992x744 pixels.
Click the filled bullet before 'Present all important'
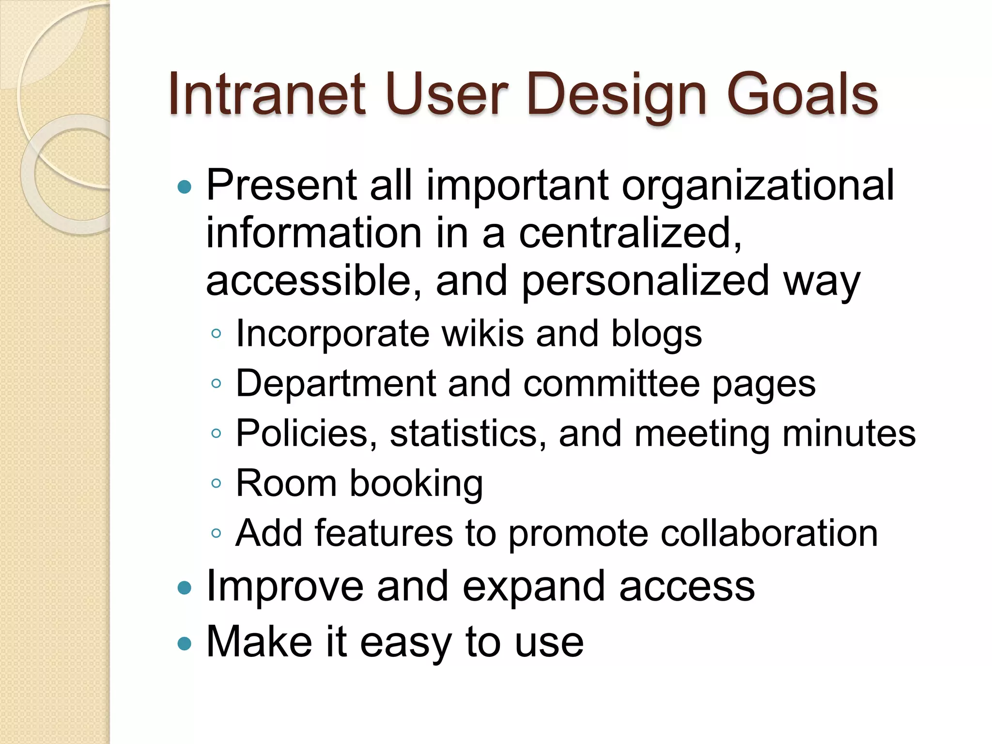click(x=185, y=187)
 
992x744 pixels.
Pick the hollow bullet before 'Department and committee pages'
click(x=217, y=384)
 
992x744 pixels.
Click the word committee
click(x=611, y=384)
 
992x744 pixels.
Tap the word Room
click(x=286, y=483)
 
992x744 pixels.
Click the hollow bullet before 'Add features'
click(x=217, y=534)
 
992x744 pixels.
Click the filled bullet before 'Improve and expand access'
click(x=185, y=589)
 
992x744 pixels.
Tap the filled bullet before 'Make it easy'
click(x=185, y=644)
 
